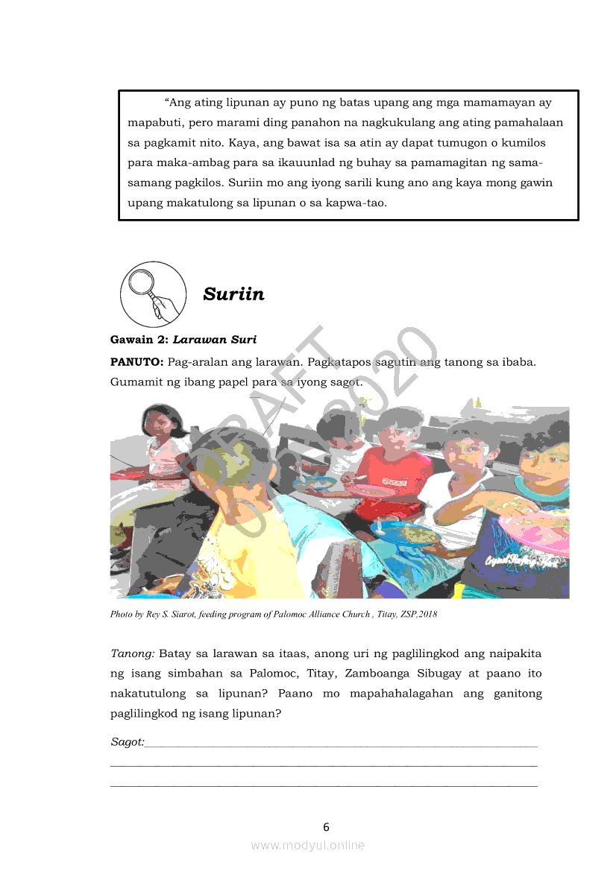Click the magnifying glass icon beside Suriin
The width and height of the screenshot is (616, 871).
pos(153,293)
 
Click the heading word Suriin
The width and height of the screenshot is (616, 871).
pos(233,294)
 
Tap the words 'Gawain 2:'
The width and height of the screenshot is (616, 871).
pos(139,340)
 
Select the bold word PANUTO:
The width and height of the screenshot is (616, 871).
pos(137,362)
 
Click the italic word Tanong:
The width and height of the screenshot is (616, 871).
pos(133,654)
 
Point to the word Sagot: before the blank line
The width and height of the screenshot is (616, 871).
pos(127,742)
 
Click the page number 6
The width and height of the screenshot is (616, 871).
pos(326,826)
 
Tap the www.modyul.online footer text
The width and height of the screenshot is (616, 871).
pos(308,845)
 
